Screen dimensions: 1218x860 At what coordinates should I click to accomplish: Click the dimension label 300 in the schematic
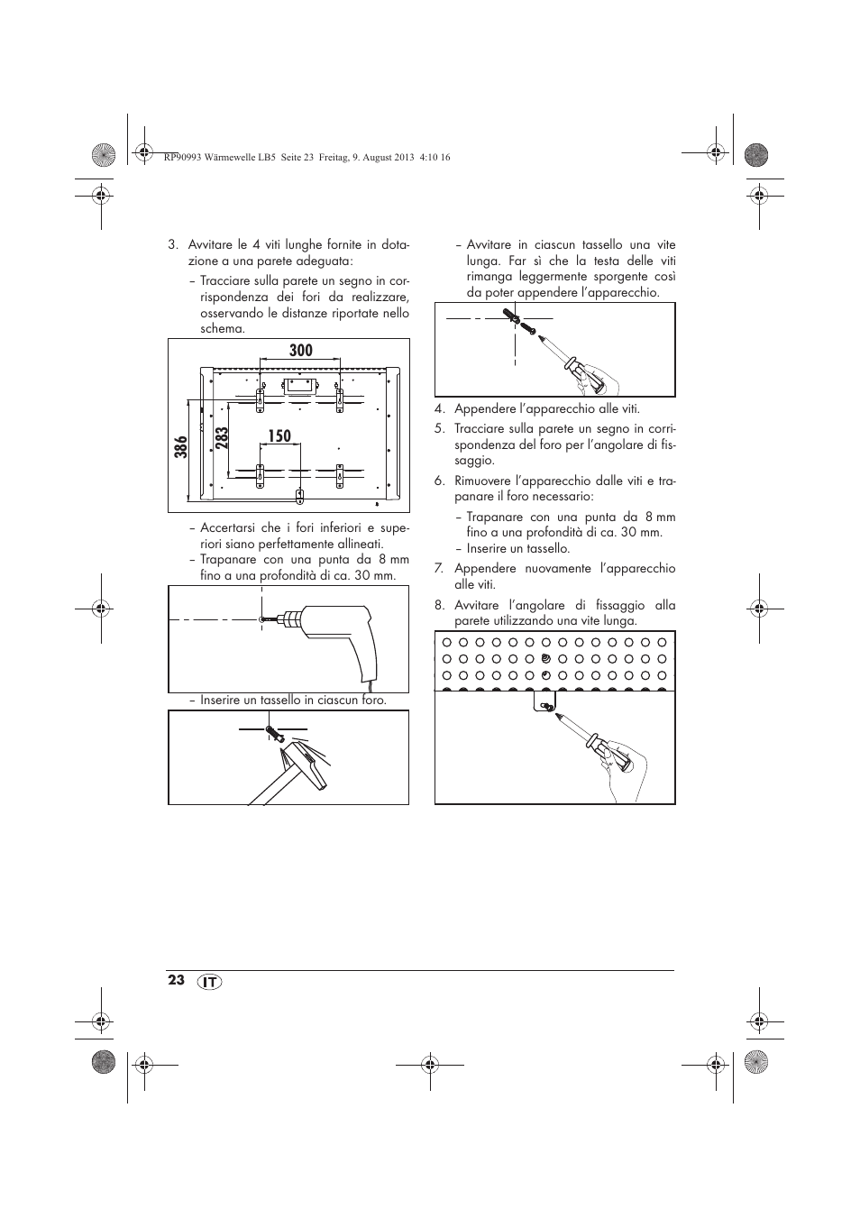(301, 351)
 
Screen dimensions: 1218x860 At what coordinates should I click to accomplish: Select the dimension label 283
(223, 437)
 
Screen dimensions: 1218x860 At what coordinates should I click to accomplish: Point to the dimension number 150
(279, 436)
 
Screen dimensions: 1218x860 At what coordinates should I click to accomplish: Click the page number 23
(176, 980)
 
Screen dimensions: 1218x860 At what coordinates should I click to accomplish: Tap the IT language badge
(209, 982)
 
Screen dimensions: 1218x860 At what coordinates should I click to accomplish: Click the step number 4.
(439, 409)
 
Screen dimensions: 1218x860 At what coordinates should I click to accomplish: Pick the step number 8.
(439, 605)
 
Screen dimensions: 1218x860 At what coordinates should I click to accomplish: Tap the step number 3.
(171, 245)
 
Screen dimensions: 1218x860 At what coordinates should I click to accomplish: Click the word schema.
(223, 329)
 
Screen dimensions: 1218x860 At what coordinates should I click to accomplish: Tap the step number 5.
(439, 429)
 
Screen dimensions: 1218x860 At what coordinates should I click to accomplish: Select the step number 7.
(439, 569)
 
